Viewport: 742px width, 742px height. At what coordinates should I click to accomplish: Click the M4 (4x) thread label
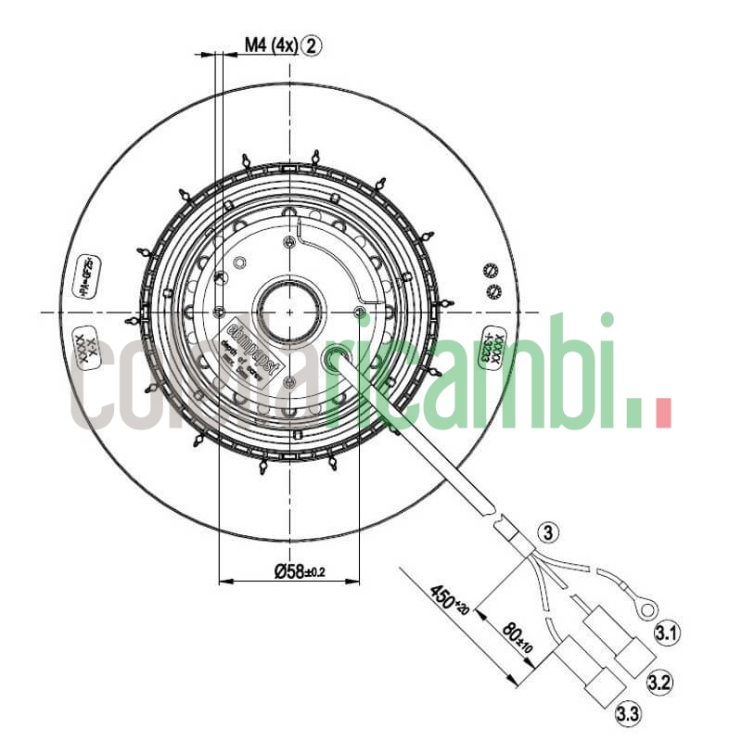click(x=270, y=45)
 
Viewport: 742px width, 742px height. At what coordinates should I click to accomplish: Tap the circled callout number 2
click(x=312, y=45)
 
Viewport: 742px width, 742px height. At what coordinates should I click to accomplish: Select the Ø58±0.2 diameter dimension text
click(x=300, y=572)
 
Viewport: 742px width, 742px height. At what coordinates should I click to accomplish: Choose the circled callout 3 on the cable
click(x=548, y=532)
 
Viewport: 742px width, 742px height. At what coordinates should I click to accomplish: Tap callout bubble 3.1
click(x=666, y=634)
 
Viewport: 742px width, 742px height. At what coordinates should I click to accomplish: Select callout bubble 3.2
click(x=659, y=684)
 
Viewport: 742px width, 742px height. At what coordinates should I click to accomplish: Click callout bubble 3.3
click(x=628, y=714)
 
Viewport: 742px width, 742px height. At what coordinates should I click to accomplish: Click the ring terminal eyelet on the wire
click(x=646, y=608)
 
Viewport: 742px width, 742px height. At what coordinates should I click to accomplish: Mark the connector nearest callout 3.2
click(x=633, y=659)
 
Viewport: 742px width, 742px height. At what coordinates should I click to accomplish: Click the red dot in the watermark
click(x=662, y=414)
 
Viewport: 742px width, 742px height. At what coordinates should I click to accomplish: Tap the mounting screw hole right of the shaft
click(x=360, y=311)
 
